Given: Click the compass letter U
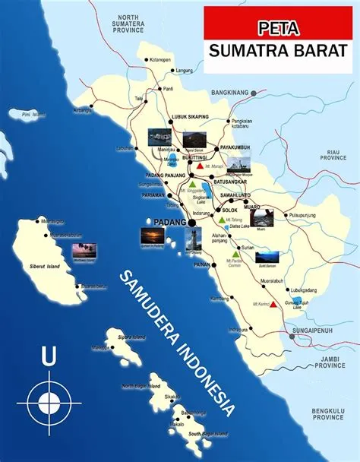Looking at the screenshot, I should click(48, 355).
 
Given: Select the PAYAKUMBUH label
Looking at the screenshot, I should click(235, 147).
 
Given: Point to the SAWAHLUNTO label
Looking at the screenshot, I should click(240, 194).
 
